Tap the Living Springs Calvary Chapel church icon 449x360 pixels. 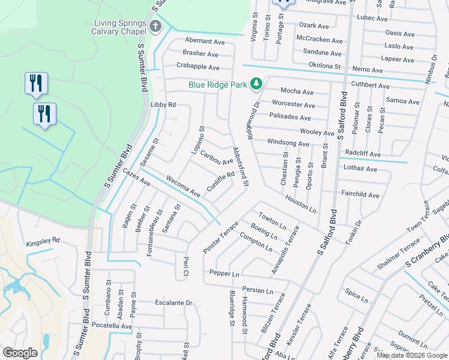tap(155, 26)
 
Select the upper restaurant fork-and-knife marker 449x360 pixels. tap(36, 82)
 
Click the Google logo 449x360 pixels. tap(20, 353)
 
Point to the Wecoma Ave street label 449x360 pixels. tap(183, 186)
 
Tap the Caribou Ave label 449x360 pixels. tap(217, 157)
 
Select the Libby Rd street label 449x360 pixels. tap(163, 104)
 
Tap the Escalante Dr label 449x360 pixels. tap(173, 303)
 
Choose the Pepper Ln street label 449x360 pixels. tap(224, 273)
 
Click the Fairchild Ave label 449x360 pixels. tap(360, 195)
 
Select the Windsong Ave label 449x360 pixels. tap(288, 144)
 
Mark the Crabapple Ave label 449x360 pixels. tap(197, 67)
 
